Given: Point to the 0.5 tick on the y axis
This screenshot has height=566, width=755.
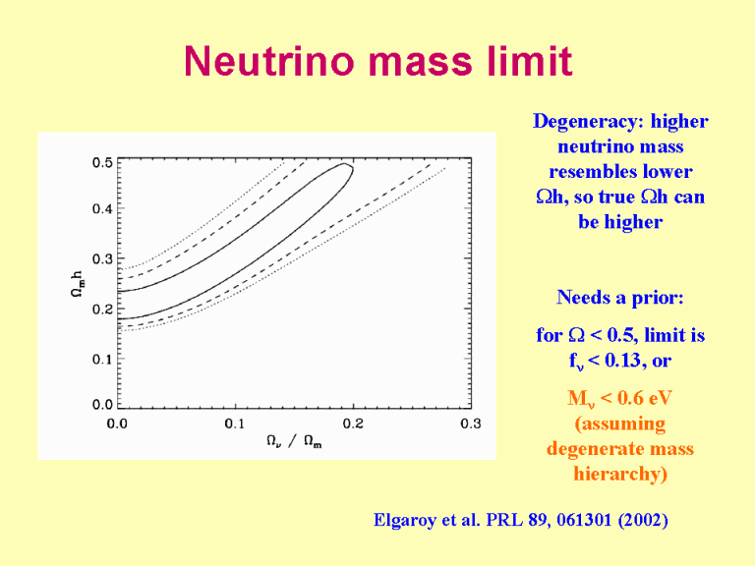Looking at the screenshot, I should point(102,162).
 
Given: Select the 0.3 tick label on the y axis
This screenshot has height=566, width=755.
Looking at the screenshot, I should point(102,258).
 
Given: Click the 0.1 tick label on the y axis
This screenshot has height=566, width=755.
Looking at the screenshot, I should point(102,359).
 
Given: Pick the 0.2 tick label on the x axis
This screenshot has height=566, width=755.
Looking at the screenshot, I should point(353,424).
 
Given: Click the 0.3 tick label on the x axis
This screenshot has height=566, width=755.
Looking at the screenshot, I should point(471,424).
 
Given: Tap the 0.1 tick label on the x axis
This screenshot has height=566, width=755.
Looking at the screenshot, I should point(235,424).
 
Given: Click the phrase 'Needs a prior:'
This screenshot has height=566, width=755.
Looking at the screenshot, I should point(619,297).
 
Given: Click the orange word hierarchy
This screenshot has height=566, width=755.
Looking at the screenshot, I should point(619,475).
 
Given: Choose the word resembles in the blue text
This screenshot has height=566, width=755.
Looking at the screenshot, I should point(619,172).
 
